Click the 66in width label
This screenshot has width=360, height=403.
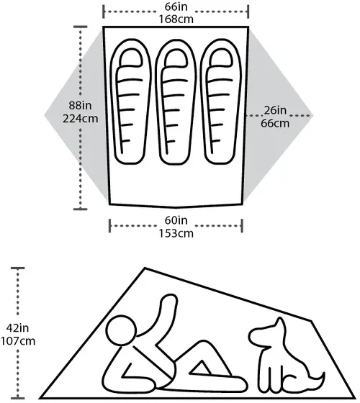[176, 6]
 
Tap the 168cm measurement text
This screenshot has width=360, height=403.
[176, 19]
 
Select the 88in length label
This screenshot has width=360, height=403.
[80, 105]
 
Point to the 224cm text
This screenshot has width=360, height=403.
[80, 119]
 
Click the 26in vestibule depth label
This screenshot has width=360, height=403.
[275, 110]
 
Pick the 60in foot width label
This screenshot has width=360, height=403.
[176, 220]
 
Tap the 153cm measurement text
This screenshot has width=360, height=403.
[176, 233]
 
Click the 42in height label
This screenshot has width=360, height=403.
[17, 328]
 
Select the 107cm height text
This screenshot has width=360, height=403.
[17, 341]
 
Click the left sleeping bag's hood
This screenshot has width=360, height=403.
[131, 57]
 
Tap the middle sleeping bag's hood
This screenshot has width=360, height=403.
[176, 58]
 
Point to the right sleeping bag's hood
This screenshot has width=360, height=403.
[221, 57]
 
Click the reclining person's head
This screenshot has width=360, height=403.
[121, 330]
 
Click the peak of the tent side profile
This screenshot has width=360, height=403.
[145, 268]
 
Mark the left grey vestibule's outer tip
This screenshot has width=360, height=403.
[45, 115]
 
